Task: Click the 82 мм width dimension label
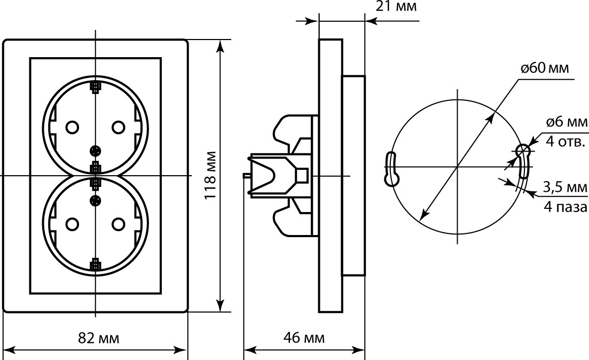tap(98, 338)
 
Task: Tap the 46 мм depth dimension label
tap(303, 338)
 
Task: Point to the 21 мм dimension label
tap(396, 6)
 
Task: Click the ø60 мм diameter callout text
tap(545, 68)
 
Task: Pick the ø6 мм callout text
tap(567, 122)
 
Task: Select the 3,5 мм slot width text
tap(565, 187)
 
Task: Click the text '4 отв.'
tap(565, 142)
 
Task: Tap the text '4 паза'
tap(566, 207)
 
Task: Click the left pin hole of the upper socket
tap(72, 127)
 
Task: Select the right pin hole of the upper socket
tap(119, 127)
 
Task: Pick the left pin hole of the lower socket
tap(72, 224)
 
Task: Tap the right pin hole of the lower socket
tap(119, 224)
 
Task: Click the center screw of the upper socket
tap(96, 151)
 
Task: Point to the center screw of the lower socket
tap(96, 200)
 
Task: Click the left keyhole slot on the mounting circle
tap(391, 169)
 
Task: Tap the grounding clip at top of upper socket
tap(96, 87)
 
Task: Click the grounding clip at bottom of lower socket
tap(96, 264)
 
